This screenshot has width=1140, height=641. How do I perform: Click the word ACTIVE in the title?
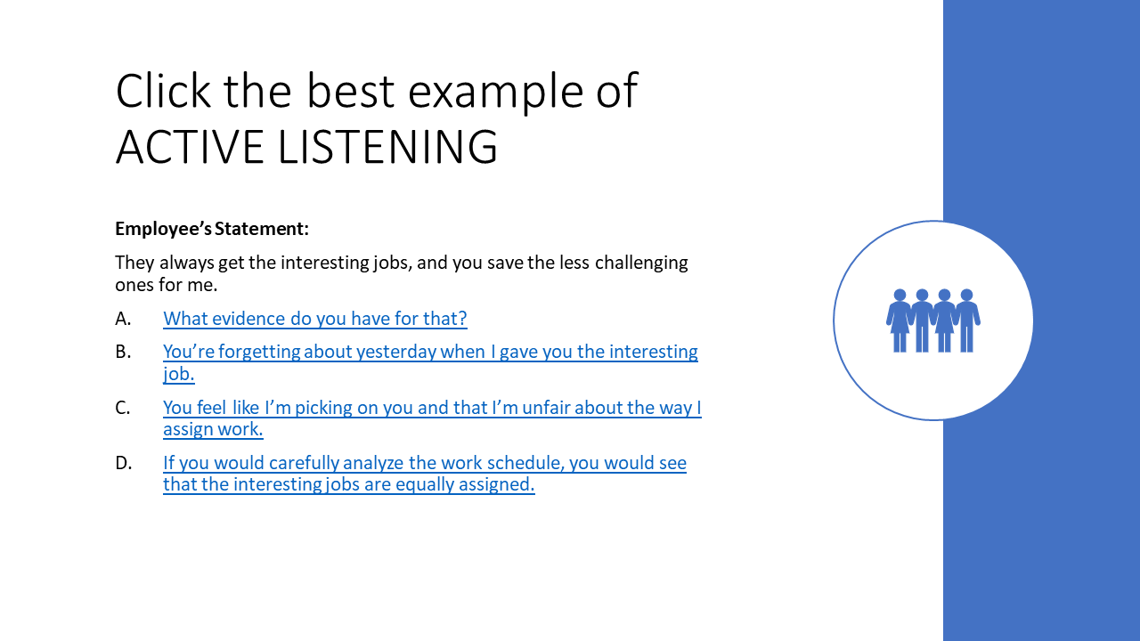point(191,147)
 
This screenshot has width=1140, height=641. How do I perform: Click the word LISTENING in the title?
point(387,147)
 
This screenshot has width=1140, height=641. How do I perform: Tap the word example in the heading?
point(495,93)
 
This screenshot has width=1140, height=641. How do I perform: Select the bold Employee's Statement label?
point(212,229)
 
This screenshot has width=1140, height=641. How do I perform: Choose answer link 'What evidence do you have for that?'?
point(315,319)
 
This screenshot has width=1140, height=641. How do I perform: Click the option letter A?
point(123,319)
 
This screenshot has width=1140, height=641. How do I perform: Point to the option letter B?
point(123,352)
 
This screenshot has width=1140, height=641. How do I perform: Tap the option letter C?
point(123,408)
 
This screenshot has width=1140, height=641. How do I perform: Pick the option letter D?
point(123,463)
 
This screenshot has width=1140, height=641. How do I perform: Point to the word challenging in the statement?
point(641,263)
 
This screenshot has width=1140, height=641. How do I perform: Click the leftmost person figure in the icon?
point(900,320)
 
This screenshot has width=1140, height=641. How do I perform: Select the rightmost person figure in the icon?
point(967,320)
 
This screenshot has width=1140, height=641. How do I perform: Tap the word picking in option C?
point(323,408)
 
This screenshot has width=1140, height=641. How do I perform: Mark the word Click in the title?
point(163,91)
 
